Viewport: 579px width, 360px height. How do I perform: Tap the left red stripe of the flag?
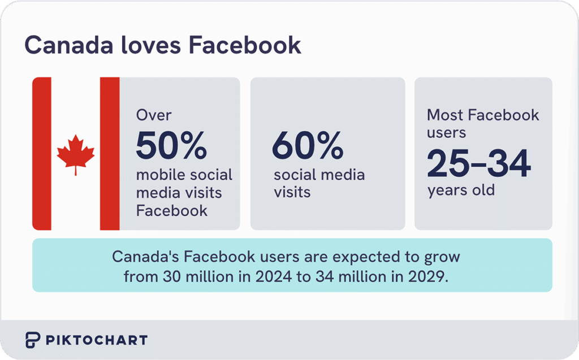pyautogui.click(x=41, y=154)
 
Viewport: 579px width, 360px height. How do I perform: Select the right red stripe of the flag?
pyautogui.click(x=110, y=154)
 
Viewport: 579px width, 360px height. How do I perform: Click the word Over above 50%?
pyautogui.click(x=154, y=115)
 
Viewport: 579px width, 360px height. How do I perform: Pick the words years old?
pyautogui.click(x=461, y=190)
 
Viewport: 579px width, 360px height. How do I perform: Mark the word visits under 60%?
pyautogui.click(x=292, y=192)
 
